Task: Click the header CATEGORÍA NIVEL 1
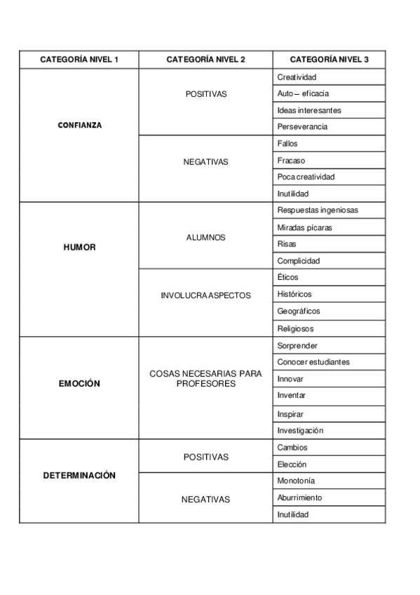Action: coord(79,60)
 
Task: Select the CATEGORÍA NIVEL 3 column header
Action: coord(329,60)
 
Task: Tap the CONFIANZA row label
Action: coord(79,126)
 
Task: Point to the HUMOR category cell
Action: coord(79,247)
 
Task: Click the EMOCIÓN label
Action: coord(79,384)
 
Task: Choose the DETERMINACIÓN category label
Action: coord(79,475)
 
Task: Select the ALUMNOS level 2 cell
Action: coord(205,237)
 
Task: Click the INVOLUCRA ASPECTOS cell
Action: coord(205,295)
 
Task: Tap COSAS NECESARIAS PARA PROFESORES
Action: coord(205,378)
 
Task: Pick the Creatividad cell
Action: coord(297,76)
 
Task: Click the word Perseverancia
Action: coord(302,127)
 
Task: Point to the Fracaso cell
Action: coord(291,160)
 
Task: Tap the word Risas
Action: coord(287,244)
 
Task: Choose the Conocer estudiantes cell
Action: coord(313,362)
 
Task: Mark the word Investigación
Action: coord(300,430)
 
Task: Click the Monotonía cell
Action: coord(296,481)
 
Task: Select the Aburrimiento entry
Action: coord(299,497)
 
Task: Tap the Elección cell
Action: coord(292,464)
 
